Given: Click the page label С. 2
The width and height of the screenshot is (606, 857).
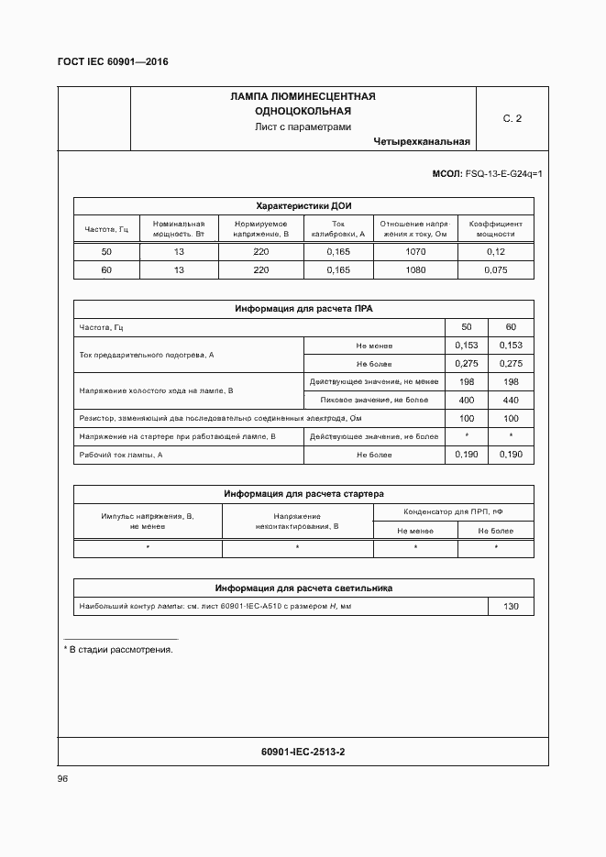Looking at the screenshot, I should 512,119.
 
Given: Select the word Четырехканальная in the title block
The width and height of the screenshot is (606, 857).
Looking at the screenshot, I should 422,142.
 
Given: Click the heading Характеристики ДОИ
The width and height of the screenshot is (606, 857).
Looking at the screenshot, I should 303,206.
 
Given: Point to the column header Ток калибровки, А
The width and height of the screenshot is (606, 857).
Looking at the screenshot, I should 337,229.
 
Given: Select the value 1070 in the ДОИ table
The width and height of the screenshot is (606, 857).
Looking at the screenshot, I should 415,252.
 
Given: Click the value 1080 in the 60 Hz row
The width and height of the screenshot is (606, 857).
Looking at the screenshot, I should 415,270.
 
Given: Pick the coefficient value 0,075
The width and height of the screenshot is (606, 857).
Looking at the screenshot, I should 495,270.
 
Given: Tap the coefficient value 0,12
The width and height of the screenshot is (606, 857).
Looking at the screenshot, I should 495,252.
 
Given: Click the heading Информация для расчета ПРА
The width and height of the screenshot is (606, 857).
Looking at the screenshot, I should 303,310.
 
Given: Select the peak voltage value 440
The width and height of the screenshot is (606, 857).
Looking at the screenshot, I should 511,401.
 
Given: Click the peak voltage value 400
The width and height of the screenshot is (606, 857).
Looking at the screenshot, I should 466,401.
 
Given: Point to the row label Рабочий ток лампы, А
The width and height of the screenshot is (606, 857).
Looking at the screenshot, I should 121,455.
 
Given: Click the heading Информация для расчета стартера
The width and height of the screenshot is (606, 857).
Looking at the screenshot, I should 303,494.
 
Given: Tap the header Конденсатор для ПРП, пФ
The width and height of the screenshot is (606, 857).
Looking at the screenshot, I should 453,512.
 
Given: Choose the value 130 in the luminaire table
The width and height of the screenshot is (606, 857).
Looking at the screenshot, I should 511,607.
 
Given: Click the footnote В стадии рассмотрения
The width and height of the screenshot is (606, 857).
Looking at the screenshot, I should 121,650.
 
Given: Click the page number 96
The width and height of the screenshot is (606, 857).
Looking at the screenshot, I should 62,779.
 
